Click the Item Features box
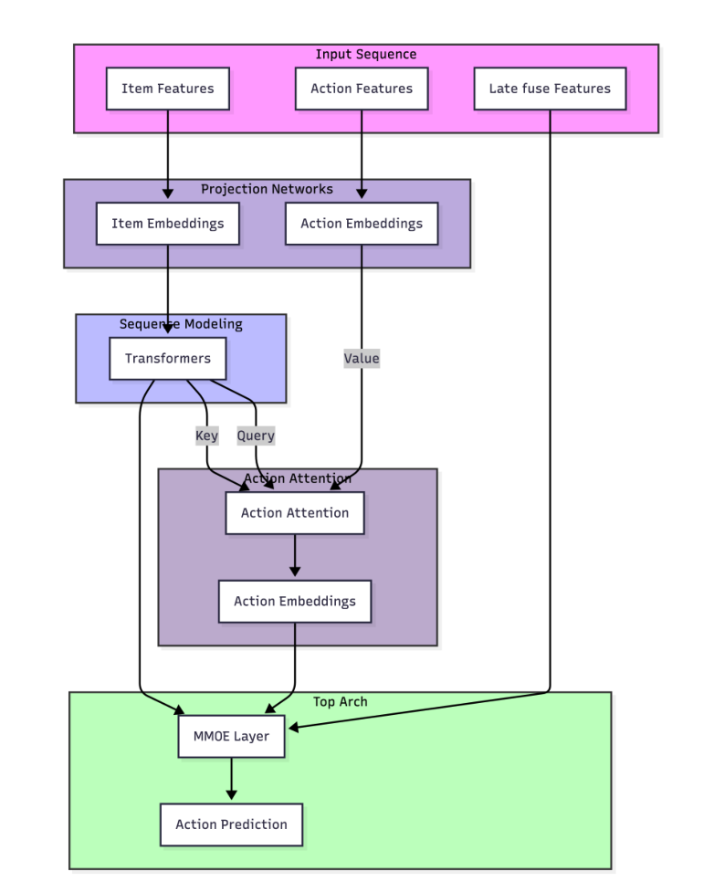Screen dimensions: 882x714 (167, 89)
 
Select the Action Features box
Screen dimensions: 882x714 (362, 89)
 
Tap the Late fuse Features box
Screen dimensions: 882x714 (550, 89)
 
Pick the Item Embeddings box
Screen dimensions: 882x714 (167, 224)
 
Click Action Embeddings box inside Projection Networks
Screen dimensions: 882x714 (362, 224)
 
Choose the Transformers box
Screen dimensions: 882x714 (167, 358)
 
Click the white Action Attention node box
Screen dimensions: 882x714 (295, 513)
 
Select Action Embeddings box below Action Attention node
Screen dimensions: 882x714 (295, 602)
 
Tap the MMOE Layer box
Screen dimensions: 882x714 (231, 736)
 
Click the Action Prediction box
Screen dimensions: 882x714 (231, 824)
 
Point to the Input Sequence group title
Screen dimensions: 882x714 (365, 55)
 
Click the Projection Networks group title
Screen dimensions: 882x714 (267, 189)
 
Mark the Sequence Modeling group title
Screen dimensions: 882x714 (181, 324)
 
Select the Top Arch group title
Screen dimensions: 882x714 (340, 702)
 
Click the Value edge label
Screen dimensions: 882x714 (362, 359)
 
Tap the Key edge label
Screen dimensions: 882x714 (207, 436)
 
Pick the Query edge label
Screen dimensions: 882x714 (256, 436)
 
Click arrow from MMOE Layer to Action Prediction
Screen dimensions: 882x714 (231, 780)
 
